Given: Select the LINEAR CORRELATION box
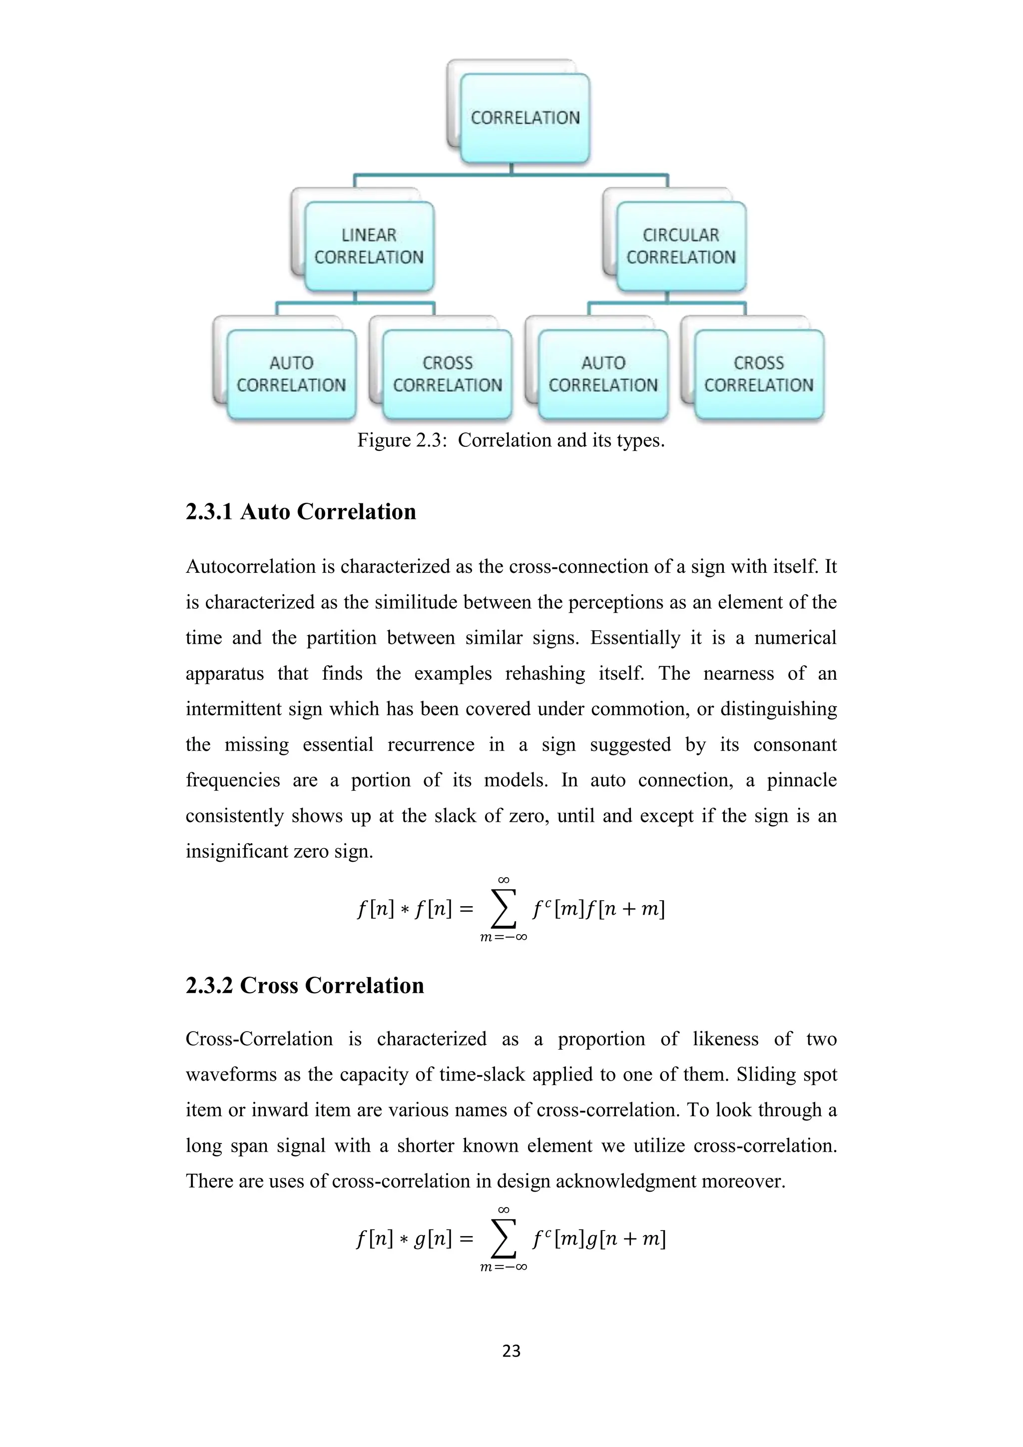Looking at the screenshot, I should click(x=369, y=246).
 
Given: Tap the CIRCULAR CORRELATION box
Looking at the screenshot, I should click(x=681, y=246).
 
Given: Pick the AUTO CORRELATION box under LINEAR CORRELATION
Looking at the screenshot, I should click(x=291, y=374).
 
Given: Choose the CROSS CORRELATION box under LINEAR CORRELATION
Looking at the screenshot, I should click(x=447, y=374).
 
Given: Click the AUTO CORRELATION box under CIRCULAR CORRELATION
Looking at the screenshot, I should click(x=603, y=374).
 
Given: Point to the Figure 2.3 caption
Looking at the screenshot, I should click(x=511, y=440).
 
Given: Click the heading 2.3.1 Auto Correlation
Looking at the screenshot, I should click(x=301, y=512).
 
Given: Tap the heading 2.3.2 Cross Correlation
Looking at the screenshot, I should click(x=304, y=986).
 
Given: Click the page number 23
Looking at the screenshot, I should click(x=511, y=1351).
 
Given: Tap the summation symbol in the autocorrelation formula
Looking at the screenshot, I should click(x=504, y=909).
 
